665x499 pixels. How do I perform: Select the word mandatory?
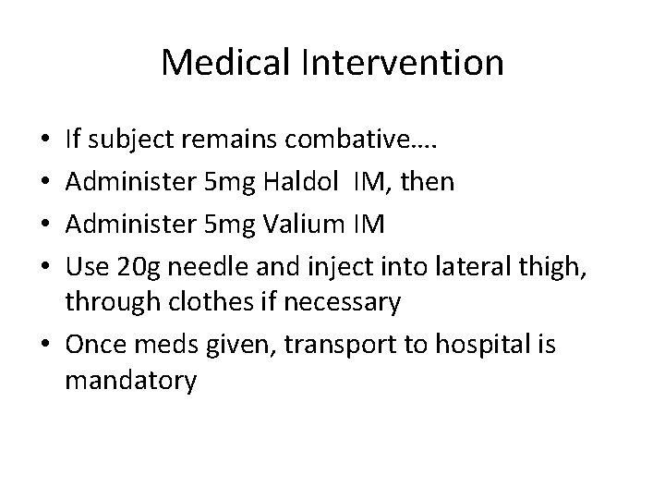pyautogui.click(x=130, y=381)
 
